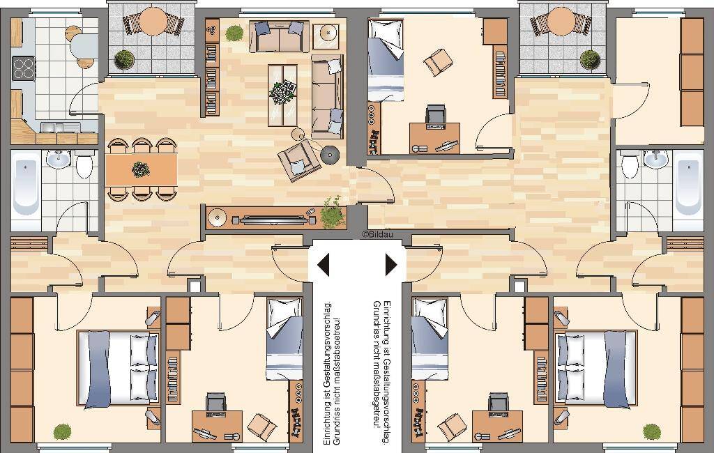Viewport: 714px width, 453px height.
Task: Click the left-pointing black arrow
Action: pyautogui.click(x=324, y=265)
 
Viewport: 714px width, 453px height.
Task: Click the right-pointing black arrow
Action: pyautogui.click(x=391, y=265)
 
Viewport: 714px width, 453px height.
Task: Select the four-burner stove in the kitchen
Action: pyautogui.click(x=23, y=68)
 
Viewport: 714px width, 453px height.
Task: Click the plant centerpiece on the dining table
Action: pyautogui.click(x=141, y=169)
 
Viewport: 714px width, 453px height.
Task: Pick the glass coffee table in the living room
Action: pyautogui.click(x=282, y=95)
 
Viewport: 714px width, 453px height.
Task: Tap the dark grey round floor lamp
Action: pyautogui.click(x=330, y=155)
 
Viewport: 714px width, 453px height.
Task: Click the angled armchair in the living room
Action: pyautogui.click(x=299, y=160)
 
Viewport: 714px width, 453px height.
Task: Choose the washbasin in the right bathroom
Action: pyautogui.click(x=655, y=159)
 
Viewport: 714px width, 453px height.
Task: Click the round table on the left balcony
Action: pyautogui.click(x=153, y=22)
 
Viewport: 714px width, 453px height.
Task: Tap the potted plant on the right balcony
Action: pyautogui.click(x=590, y=60)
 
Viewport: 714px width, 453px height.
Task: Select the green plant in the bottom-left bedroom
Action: pyautogui.click(x=62, y=431)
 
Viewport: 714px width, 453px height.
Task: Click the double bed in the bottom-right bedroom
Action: pyautogui.click(x=595, y=368)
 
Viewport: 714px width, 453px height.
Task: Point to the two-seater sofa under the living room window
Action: pyautogui.click(x=279, y=36)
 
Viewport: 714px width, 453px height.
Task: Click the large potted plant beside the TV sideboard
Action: pyautogui.click(x=333, y=213)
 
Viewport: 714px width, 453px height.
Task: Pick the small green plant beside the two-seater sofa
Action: pyautogui.click(x=234, y=33)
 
